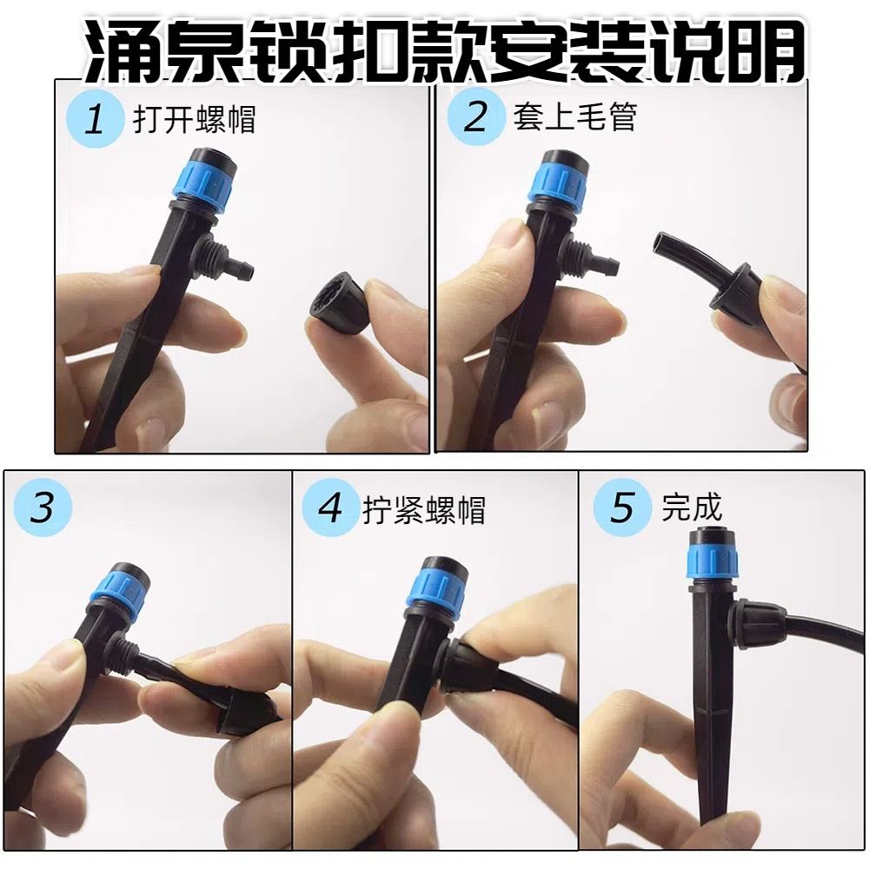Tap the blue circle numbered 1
coord(94,119)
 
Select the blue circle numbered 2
coord(475,117)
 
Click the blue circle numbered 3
coord(43,507)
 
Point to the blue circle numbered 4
coord(330,507)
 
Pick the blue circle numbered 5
coord(622,507)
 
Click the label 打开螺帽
coord(194,119)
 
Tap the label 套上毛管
coord(574,117)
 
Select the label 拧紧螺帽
coord(424,510)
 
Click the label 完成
coord(692,507)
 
